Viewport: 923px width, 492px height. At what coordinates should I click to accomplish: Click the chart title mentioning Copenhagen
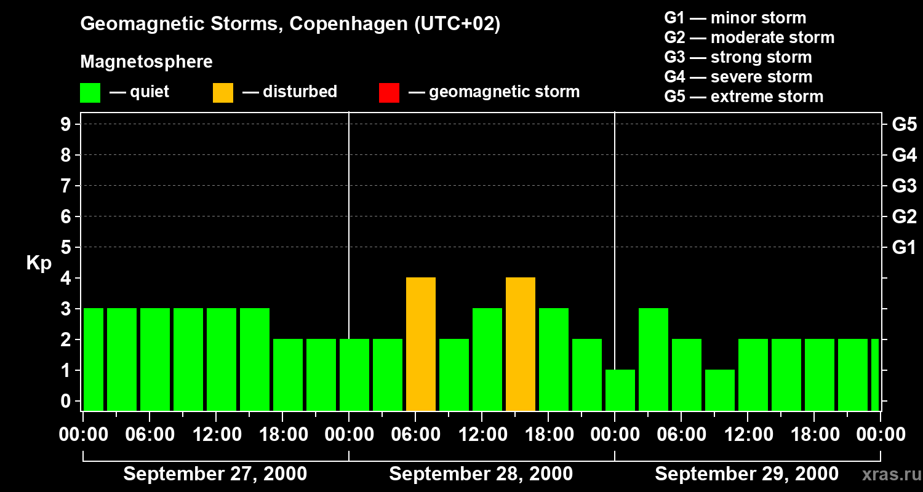pyautogui.click(x=290, y=24)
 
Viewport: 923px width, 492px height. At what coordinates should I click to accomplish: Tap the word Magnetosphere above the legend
pyautogui.click(x=146, y=62)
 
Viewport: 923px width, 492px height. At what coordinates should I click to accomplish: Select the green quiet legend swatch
pyautogui.click(x=90, y=92)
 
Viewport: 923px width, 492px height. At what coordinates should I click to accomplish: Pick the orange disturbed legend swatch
pyautogui.click(x=223, y=92)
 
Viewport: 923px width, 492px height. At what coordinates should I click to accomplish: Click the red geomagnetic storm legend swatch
pyautogui.click(x=389, y=92)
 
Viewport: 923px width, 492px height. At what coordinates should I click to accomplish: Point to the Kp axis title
pyautogui.click(x=39, y=263)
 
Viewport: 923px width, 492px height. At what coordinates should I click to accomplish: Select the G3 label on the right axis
pyautogui.click(x=904, y=186)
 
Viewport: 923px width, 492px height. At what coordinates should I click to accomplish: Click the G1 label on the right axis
pyautogui.click(x=904, y=248)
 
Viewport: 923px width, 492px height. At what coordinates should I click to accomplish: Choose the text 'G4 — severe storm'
pyautogui.click(x=738, y=77)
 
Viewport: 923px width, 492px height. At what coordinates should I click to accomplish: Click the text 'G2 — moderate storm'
pyautogui.click(x=749, y=38)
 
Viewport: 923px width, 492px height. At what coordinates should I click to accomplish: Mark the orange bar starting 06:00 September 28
pyautogui.click(x=421, y=344)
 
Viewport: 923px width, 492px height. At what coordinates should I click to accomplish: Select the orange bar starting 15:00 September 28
pyautogui.click(x=521, y=344)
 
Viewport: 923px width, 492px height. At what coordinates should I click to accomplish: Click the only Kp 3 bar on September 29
pyautogui.click(x=653, y=359)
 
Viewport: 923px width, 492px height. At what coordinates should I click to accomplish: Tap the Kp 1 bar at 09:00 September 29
pyautogui.click(x=720, y=390)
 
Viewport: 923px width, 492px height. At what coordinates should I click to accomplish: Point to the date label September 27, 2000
pyautogui.click(x=215, y=474)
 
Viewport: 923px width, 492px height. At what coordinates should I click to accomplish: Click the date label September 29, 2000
pyautogui.click(x=746, y=474)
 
